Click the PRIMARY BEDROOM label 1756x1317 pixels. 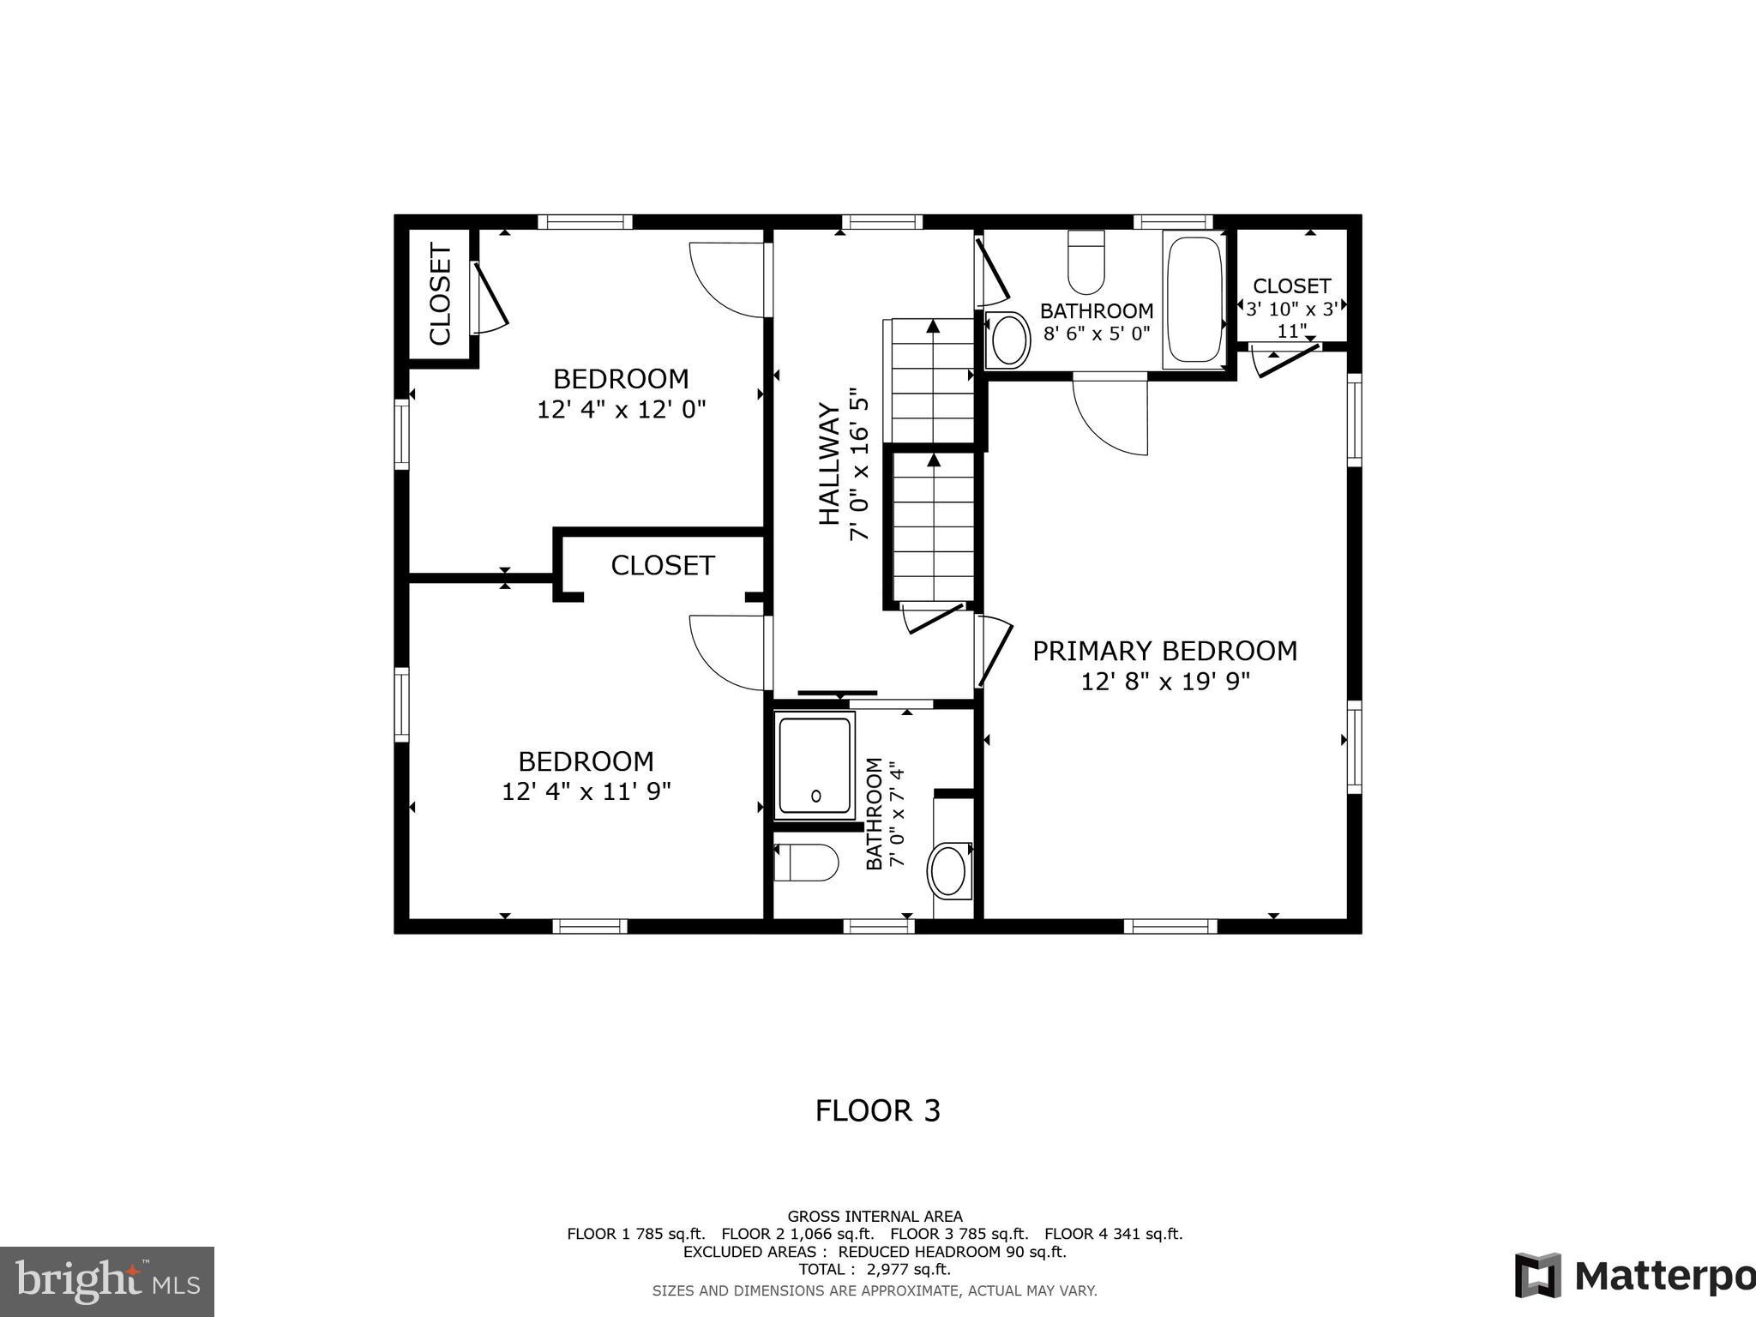coord(1164,652)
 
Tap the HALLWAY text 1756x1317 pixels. coord(829,464)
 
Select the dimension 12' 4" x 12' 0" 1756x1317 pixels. coord(622,409)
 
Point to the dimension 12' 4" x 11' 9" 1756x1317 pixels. coord(586,791)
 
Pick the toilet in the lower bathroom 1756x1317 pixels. coord(806,863)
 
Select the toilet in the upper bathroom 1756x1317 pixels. coord(1086,262)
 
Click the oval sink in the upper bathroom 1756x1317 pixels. coord(1009,340)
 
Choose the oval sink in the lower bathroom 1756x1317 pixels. coord(949,870)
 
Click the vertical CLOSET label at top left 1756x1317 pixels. coord(440,294)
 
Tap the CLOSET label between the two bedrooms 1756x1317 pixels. coord(663,566)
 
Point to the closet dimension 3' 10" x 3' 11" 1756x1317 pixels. coord(1291,320)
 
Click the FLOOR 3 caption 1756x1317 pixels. coord(878,1111)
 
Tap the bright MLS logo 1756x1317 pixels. coord(107,1282)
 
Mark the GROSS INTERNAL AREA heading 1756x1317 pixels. coord(875,1217)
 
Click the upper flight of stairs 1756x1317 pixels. coord(933,381)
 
